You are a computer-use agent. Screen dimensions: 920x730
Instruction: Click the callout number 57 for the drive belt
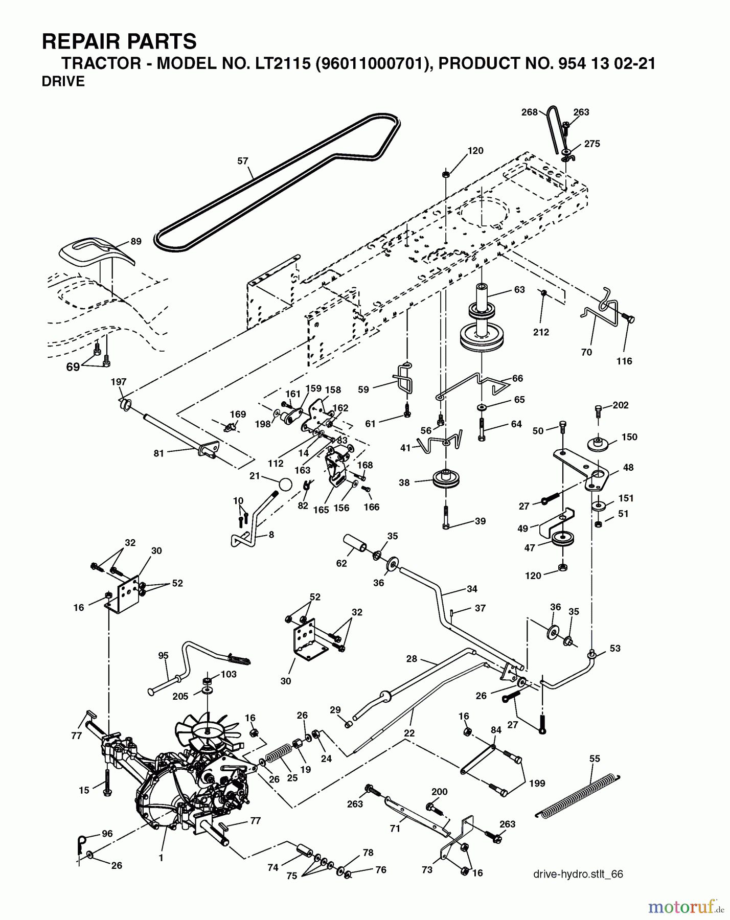[242, 161]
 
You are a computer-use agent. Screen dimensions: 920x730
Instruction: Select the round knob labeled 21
[285, 483]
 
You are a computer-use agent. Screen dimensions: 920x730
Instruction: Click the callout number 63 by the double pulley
[519, 290]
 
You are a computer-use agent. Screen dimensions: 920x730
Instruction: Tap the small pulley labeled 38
[446, 480]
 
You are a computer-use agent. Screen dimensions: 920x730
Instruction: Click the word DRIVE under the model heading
[63, 82]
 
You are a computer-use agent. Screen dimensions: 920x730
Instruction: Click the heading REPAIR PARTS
[119, 41]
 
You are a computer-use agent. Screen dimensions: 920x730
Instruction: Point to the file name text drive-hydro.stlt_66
[578, 874]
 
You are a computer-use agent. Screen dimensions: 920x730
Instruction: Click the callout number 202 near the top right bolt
[620, 405]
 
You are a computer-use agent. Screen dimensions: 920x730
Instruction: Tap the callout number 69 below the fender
[73, 366]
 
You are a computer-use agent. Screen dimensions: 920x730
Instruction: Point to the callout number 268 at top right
[530, 112]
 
